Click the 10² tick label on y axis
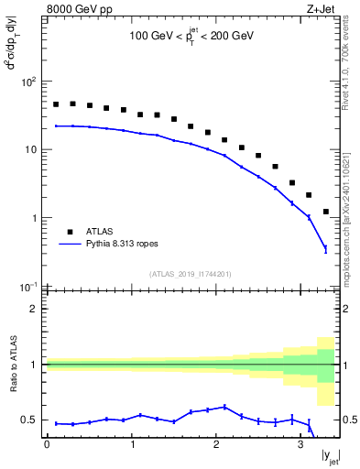point(27,82)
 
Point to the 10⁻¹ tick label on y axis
point(27,287)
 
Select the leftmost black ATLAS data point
point(56,104)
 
